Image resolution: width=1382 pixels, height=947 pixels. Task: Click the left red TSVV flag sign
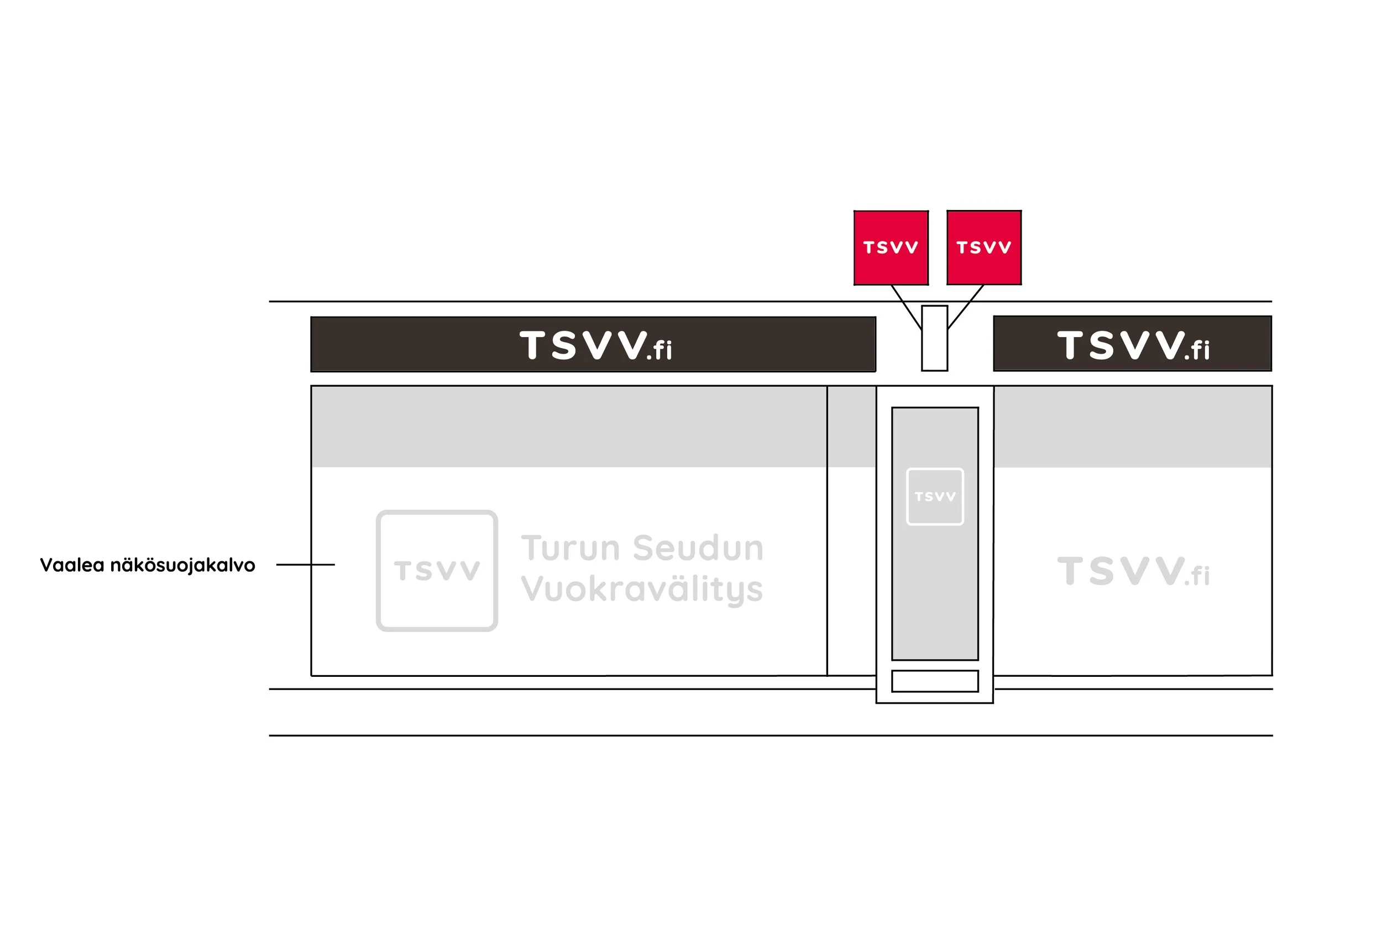pos(891,248)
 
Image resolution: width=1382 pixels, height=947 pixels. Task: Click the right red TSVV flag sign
pos(983,248)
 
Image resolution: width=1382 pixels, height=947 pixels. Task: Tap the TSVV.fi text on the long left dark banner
pos(595,345)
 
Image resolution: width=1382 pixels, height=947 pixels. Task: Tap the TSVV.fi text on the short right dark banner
pos(1133,345)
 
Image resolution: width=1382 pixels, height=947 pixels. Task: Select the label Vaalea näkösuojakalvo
pos(148,565)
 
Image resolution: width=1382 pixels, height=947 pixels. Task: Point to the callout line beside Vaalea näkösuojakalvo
pos(305,564)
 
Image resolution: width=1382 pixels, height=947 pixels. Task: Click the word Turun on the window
pos(570,548)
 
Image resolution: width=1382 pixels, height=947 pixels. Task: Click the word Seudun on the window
pos(698,548)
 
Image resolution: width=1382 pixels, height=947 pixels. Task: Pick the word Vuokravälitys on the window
pos(642,589)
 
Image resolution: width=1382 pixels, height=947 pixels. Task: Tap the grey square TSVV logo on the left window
pos(437,571)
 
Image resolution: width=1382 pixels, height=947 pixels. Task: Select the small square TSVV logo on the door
pos(935,496)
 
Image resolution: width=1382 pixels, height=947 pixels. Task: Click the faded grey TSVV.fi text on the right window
pos(1133,571)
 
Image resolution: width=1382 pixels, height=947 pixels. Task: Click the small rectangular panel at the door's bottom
pos(935,681)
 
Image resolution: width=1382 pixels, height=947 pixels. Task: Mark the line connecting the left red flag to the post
pos(905,307)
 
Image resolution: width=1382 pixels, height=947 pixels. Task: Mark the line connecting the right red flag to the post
pos(966,306)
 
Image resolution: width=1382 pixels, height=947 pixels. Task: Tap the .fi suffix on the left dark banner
pos(659,351)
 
